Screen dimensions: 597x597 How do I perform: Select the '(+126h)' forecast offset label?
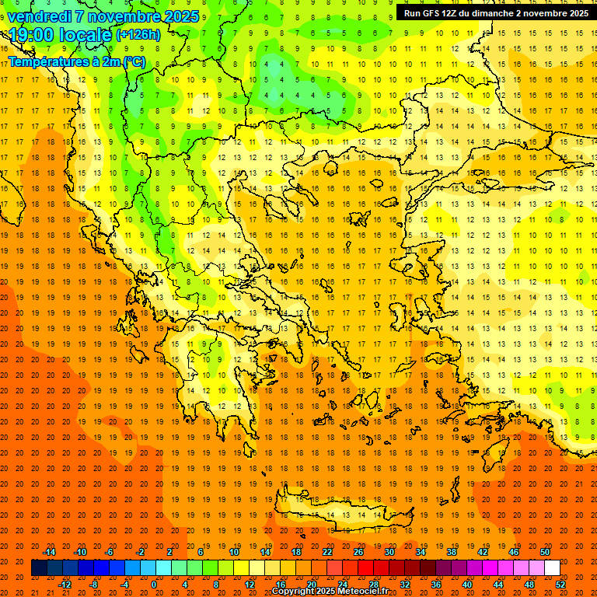pos(138,35)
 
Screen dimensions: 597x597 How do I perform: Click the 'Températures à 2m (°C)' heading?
pos(76,61)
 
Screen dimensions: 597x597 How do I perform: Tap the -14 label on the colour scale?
pos(49,552)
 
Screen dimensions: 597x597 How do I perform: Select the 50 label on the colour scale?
pos(545,552)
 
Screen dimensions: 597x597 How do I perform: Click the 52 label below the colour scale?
pos(560,585)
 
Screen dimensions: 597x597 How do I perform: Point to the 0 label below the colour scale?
pos(154,585)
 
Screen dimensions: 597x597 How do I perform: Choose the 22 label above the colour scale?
pos(327,552)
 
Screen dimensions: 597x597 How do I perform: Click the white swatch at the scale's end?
pos(552,568)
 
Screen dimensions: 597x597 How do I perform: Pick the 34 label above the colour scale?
pos(421,552)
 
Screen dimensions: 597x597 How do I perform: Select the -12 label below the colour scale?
pos(65,585)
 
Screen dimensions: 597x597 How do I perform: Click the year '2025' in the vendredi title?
pos(180,16)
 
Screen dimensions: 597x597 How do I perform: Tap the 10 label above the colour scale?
pos(234,552)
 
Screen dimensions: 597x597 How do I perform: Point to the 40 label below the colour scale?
pos(467,585)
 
